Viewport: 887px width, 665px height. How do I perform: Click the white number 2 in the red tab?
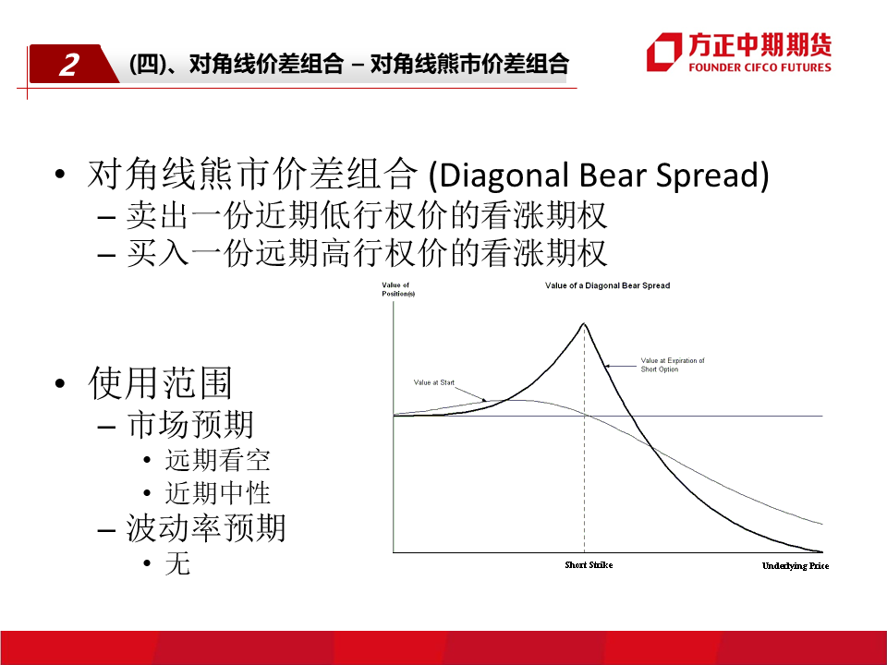coord(69,65)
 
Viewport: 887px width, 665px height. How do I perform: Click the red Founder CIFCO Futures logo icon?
coord(664,52)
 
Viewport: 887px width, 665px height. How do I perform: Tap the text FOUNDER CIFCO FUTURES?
coord(759,67)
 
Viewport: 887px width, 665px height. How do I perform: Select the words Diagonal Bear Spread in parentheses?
coord(599,175)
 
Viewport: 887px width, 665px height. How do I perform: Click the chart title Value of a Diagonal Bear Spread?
coord(607,285)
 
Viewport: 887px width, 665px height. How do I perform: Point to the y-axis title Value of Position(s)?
coord(398,289)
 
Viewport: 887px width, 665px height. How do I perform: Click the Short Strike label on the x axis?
coord(589,565)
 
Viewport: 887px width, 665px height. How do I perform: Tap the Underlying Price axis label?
coord(796,565)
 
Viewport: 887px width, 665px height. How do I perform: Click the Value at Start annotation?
coord(434,382)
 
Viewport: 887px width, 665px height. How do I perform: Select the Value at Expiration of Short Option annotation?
coord(673,365)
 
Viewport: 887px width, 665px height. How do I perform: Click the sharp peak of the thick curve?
coord(584,323)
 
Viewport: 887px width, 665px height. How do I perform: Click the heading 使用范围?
coord(161,382)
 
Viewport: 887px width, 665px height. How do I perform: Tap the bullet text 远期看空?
coord(218,460)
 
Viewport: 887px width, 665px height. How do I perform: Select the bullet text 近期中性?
coord(218,492)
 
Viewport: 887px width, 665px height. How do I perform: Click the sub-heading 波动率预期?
coord(206,528)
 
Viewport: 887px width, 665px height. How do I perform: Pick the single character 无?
coord(177,563)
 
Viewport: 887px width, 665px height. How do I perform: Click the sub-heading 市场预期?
coord(190,424)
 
